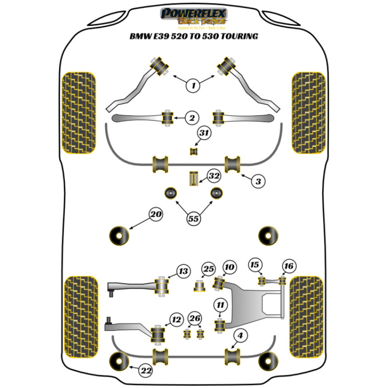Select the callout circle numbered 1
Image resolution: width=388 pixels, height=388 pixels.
tap(193, 85)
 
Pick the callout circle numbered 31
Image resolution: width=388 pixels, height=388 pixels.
tap(204, 134)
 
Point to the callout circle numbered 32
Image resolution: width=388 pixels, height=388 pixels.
tap(214, 176)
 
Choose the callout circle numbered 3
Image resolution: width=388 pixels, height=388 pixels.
tap(258, 181)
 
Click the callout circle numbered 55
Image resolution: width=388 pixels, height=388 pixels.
tap(194, 219)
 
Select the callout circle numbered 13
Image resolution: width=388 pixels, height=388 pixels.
tap(184, 270)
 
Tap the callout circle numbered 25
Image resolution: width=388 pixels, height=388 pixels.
tap(209, 269)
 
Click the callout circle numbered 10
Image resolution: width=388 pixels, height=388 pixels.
tap(229, 267)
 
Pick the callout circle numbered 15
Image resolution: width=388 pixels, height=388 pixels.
tap(254, 265)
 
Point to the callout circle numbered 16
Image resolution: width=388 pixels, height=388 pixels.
tap(289, 266)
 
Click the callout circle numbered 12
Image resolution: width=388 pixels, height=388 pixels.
tap(177, 320)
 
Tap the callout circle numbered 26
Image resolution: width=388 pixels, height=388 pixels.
tap(195, 319)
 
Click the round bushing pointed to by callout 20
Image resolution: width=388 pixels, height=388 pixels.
tap(119, 235)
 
